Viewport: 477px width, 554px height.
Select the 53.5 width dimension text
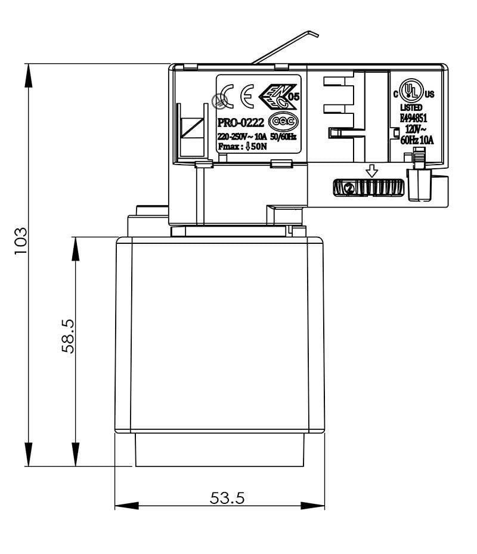227,497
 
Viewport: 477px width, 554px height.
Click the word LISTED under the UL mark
411,107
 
